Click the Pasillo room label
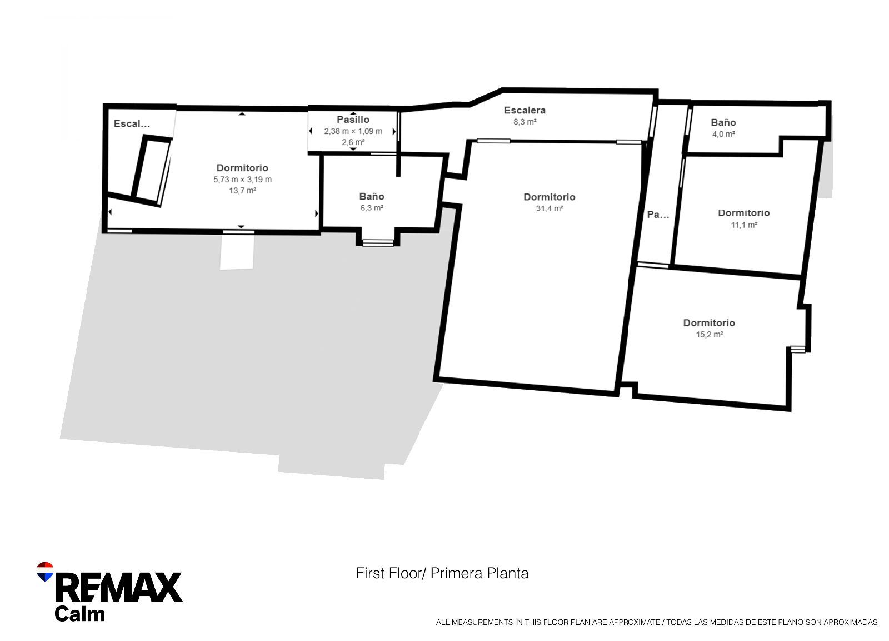click(353, 120)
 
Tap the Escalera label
click(525, 111)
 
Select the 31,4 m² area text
click(550, 208)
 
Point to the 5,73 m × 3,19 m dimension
click(242, 180)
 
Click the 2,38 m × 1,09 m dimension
click(353, 131)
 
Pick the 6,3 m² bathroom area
click(372, 208)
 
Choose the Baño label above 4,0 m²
click(723, 123)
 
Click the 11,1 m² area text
click(744, 225)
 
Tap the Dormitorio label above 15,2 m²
click(709, 323)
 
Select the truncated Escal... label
click(132, 124)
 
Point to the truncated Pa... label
click(658, 215)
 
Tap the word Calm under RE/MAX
click(80, 614)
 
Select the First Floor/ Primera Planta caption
click(442, 573)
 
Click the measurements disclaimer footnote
click(657, 622)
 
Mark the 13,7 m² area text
click(242, 191)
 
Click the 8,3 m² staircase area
click(525, 122)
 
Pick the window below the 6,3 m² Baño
click(378, 242)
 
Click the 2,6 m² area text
click(353, 142)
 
